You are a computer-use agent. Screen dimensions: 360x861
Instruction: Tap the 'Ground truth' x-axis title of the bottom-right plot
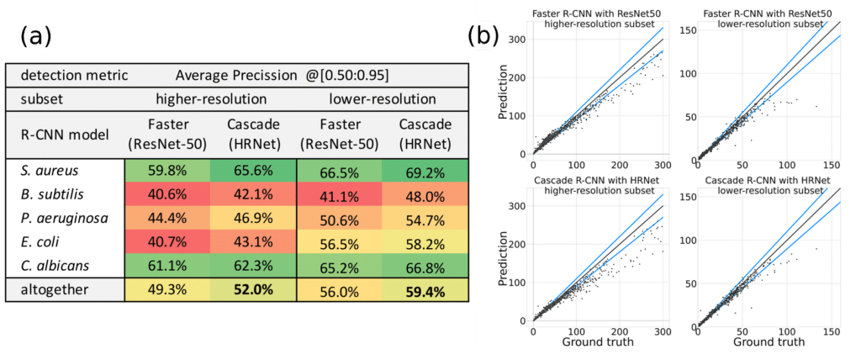point(768,343)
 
